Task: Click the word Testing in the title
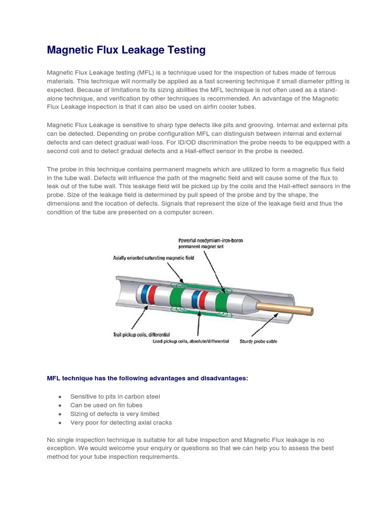(183, 50)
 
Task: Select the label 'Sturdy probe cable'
(258, 341)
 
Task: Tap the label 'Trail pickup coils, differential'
(141, 334)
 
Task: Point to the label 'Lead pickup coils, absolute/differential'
(191, 341)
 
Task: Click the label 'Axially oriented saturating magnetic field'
(153, 257)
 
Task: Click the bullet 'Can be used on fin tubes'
(106, 405)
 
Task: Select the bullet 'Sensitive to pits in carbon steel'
(115, 397)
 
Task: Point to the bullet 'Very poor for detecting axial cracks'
(121, 422)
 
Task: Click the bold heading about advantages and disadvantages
(148, 378)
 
